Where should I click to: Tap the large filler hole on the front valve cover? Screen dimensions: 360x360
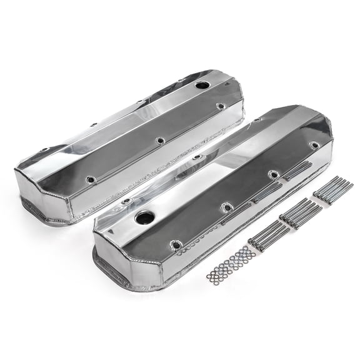coord(144,218)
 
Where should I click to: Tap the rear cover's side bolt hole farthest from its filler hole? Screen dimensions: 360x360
coord(91,180)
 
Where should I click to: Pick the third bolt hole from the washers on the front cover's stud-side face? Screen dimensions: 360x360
coord(273,174)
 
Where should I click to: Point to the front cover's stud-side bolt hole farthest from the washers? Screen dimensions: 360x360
coord(314,145)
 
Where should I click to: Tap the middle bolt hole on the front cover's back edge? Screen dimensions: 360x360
coord(197,157)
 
